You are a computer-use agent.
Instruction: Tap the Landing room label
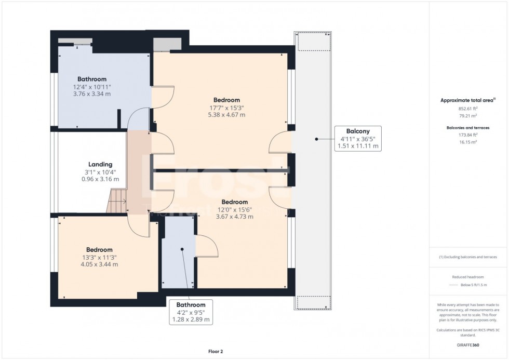[x=100, y=164]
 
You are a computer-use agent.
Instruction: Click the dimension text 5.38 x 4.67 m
[x=227, y=115]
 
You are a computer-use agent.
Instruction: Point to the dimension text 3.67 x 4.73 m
[x=235, y=217]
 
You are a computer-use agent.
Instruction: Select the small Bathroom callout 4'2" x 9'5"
[x=191, y=312]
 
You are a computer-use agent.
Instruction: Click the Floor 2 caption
[x=215, y=352]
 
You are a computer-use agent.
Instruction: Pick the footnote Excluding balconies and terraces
[x=469, y=257]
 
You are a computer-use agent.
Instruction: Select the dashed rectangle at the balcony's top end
[x=313, y=43]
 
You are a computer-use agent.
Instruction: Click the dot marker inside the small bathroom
[x=182, y=249]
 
